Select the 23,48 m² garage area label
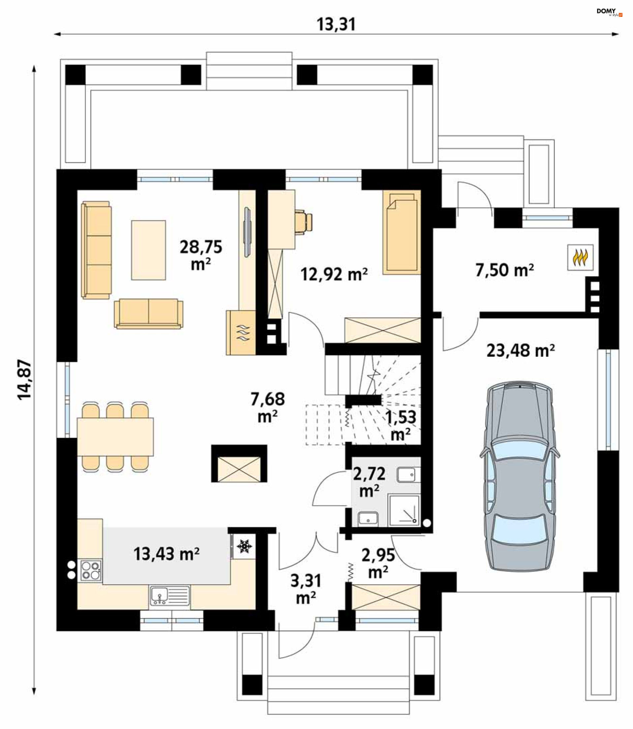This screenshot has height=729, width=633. pos(520,351)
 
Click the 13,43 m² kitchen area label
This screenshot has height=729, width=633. pos(166,554)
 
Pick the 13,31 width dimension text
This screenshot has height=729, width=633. pos(336,24)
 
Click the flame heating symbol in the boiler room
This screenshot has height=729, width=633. pos(580,257)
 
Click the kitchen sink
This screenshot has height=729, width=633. pos(169,596)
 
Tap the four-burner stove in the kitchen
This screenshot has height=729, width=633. pos(91,571)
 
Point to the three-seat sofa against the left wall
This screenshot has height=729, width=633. pos(96,250)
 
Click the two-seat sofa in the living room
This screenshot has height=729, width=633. pos(148,313)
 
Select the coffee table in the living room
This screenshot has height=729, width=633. pos(148,250)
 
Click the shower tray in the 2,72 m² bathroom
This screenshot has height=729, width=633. pos(405,511)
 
